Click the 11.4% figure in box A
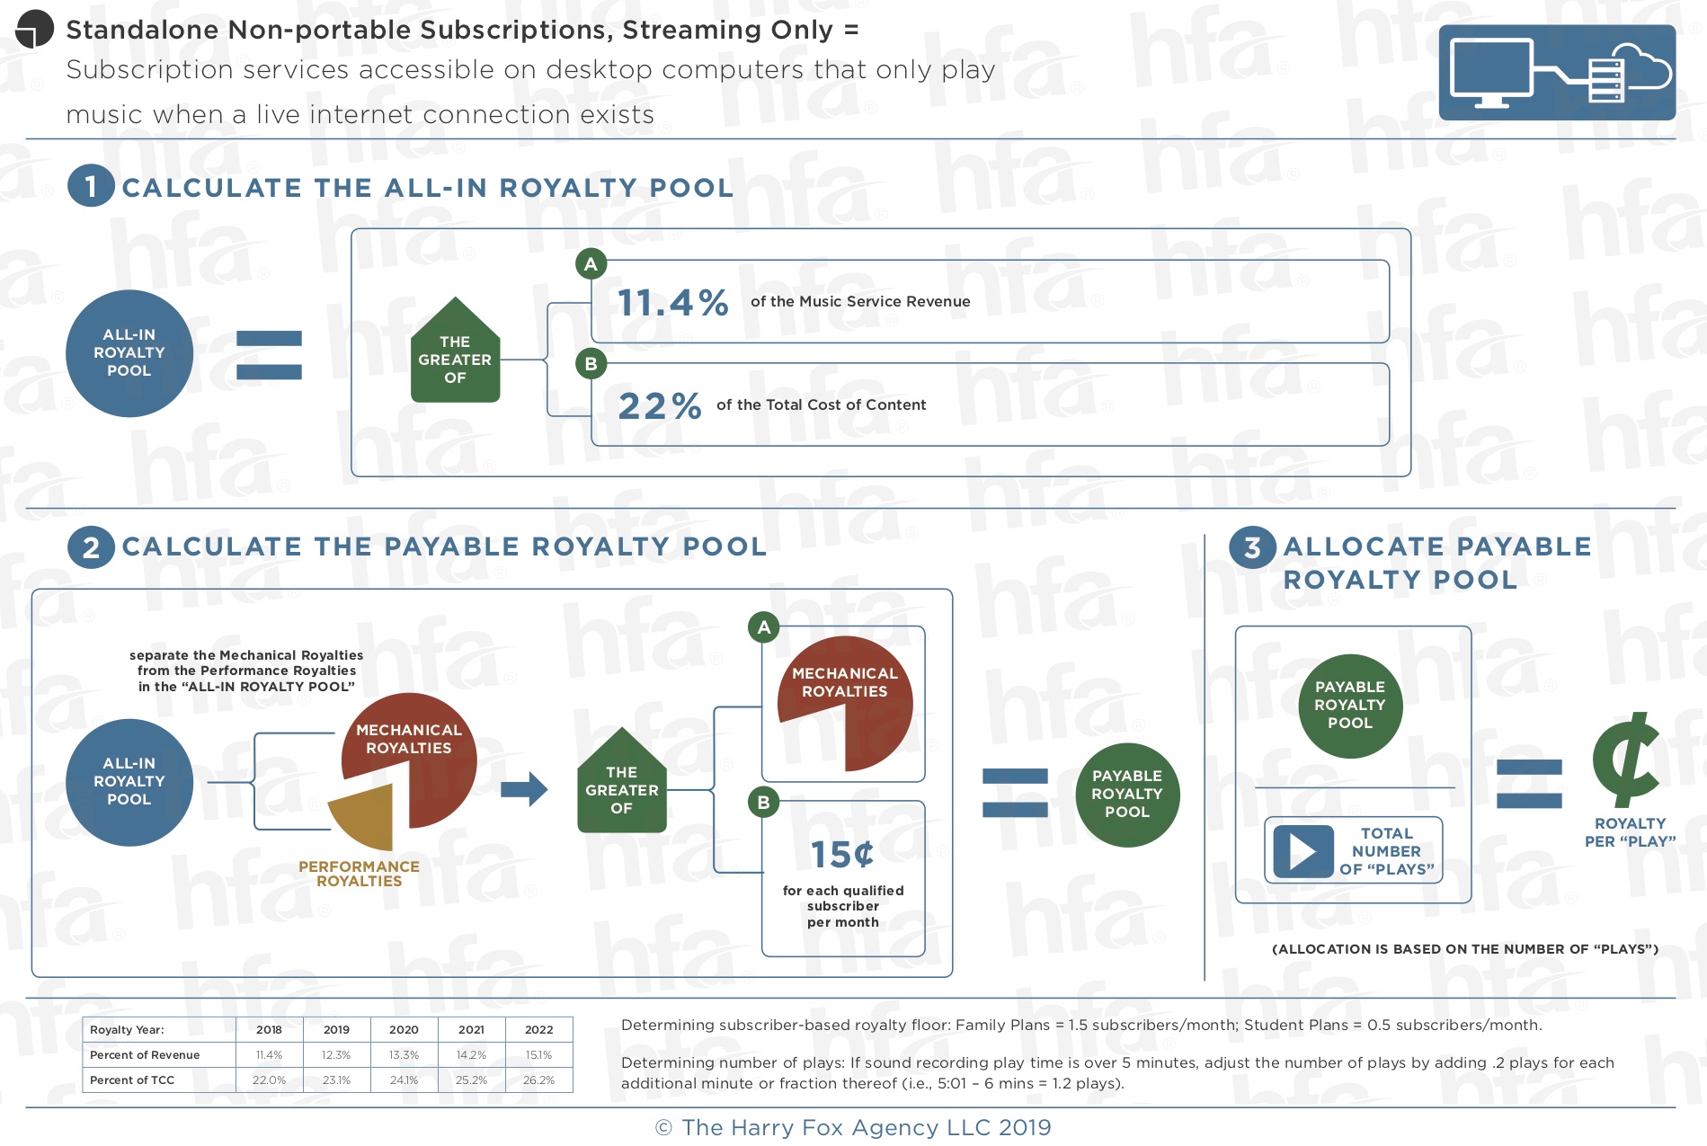pyautogui.click(x=672, y=302)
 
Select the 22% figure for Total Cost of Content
pyautogui.click(x=660, y=405)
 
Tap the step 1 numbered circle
pyautogui.click(x=91, y=186)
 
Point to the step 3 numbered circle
pyautogui.click(x=1252, y=546)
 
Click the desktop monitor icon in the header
pyautogui.click(x=1492, y=73)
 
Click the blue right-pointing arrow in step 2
pyautogui.click(x=524, y=789)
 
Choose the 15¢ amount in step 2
pyautogui.click(x=842, y=854)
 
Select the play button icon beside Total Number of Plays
pyautogui.click(x=1303, y=851)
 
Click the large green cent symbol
pyautogui.click(x=1626, y=760)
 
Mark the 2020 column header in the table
pyautogui.click(x=404, y=1029)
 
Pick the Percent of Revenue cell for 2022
pyautogui.click(x=538, y=1054)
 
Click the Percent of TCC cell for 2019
pyautogui.click(x=336, y=1079)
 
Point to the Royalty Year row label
pyautogui.click(x=127, y=1029)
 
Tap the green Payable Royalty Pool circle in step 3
pyautogui.click(x=1350, y=706)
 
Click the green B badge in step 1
pyautogui.click(x=591, y=364)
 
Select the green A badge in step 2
pyautogui.click(x=764, y=627)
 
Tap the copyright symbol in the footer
pyautogui.click(x=663, y=1128)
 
